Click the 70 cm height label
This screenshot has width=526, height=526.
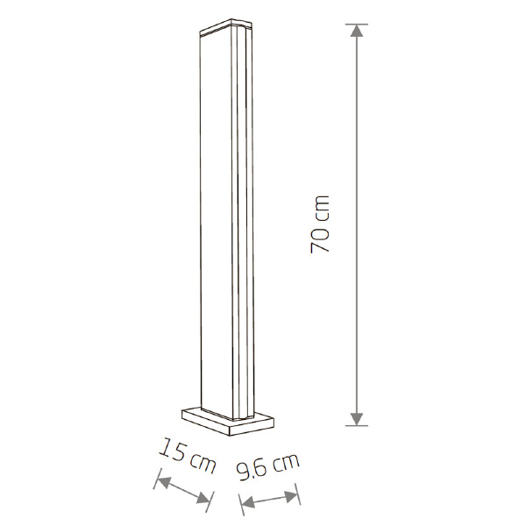click(x=320, y=224)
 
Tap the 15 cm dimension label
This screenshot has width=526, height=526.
click(x=188, y=456)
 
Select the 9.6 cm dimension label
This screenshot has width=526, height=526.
click(x=267, y=466)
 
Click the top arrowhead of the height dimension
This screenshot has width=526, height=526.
click(x=357, y=31)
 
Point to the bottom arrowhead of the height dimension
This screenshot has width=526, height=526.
click(x=357, y=419)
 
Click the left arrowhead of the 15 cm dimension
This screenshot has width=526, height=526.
click(x=163, y=482)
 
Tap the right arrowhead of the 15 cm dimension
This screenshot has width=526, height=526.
click(x=203, y=498)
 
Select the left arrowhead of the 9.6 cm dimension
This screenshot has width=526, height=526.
click(x=247, y=502)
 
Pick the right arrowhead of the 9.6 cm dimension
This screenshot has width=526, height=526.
click(x=291, y=497)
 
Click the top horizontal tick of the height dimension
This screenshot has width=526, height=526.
click(x=357, y=25)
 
